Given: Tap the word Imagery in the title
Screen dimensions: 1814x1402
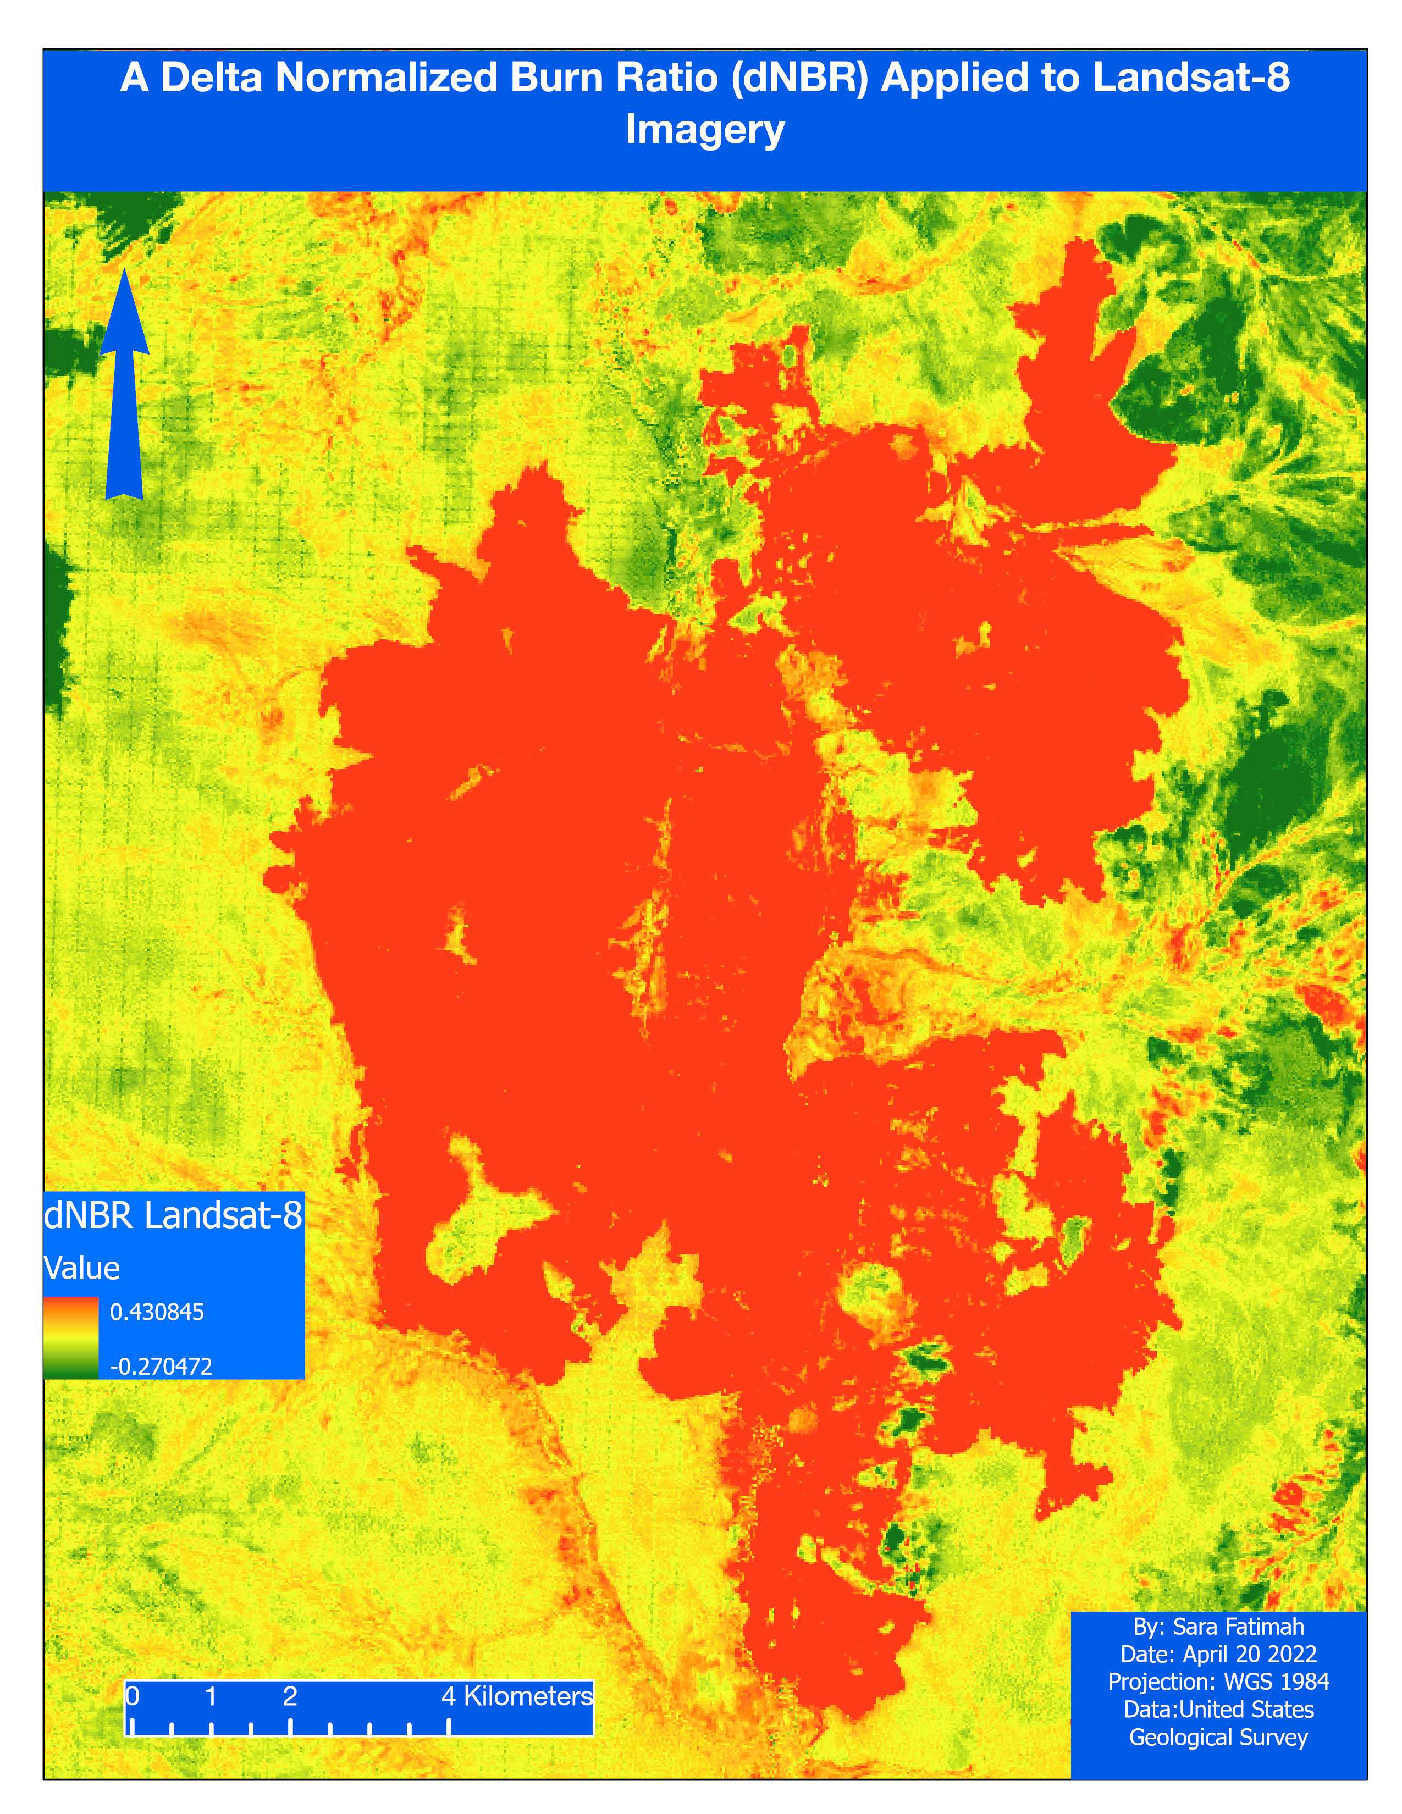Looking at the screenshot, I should (704, 130).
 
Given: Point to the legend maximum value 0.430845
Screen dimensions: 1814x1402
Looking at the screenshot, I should (157, 1312).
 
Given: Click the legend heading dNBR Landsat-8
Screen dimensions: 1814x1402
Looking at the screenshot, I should (173, 1215).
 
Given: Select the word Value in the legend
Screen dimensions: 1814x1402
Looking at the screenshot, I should (81, 1268).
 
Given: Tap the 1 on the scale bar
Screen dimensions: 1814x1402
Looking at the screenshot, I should (211, 1695).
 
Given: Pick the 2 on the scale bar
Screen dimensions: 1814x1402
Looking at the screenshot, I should (290, 1695).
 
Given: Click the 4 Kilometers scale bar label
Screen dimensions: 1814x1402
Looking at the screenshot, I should (517, 1695).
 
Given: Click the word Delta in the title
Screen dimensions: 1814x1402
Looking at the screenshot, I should (211, 78).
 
